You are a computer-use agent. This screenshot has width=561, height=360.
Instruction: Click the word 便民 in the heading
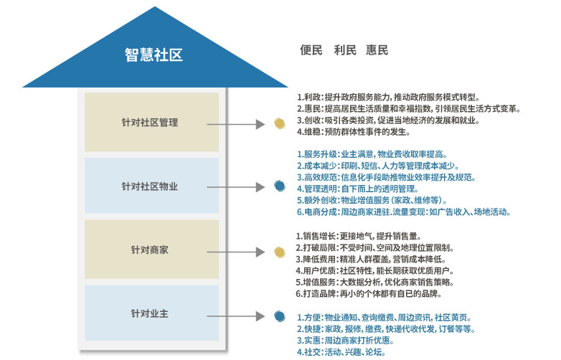coord(311,50)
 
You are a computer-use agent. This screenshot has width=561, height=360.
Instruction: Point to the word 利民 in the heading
coord(345,50)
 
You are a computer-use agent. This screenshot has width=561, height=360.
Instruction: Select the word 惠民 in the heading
coord(377,50)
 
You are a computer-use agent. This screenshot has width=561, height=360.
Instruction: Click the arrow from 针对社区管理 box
coord(237,124)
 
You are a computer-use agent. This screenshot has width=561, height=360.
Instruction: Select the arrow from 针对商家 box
coord(237,252)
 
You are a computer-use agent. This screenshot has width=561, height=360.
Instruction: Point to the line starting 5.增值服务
coord(374,283)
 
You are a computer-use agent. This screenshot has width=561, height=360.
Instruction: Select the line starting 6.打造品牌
coord(369,294)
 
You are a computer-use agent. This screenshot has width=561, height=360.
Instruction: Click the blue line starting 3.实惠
coord(351,341)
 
